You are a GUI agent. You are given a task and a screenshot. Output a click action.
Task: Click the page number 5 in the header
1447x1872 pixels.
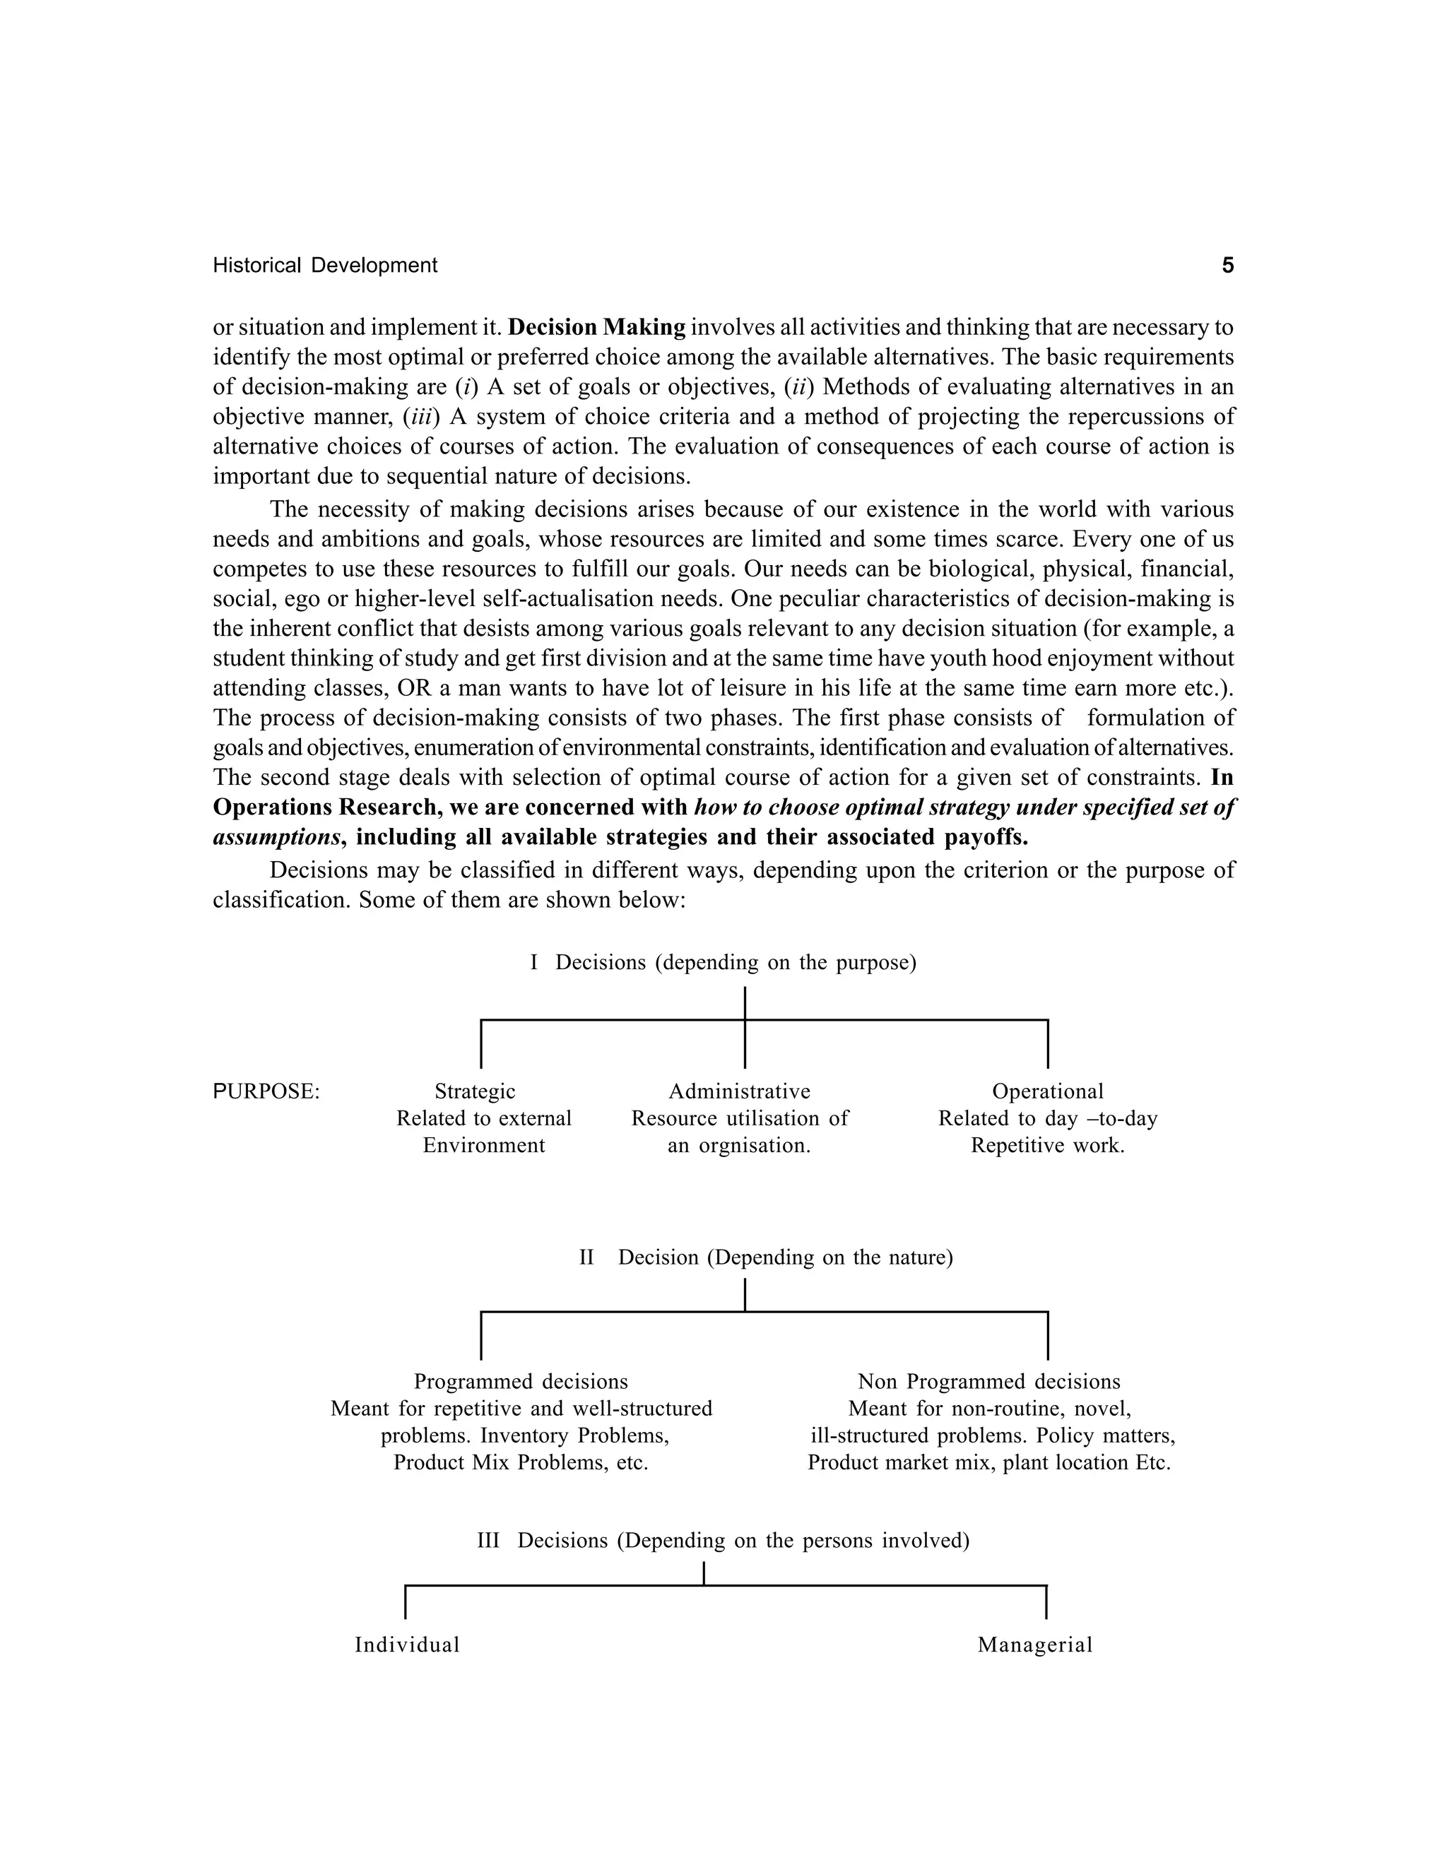(x=1227, y=266)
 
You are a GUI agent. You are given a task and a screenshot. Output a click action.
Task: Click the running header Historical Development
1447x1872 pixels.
(x=325, y=266)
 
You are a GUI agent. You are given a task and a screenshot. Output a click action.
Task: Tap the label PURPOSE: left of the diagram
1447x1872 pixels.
(x=266, y=1092)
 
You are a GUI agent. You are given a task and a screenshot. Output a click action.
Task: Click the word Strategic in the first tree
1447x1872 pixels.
(x=475, y=1092)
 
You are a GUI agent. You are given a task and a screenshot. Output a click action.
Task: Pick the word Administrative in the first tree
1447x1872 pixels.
(x=739, y=1092)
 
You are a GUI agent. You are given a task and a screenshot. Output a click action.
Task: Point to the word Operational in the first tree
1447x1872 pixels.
(x=1048, y=1092)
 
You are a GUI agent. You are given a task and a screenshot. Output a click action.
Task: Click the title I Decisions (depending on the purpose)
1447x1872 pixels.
(x=723, y=963)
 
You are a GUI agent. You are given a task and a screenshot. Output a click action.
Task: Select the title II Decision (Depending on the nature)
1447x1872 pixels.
(x=765, y=1257)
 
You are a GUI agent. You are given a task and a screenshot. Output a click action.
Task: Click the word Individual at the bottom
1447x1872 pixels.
(x=407, y=1645)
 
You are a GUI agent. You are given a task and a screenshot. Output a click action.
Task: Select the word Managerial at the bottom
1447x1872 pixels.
(x=1034, y=1645)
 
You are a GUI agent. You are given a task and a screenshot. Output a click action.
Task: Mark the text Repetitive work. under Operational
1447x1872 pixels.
(x=1048, y=1146)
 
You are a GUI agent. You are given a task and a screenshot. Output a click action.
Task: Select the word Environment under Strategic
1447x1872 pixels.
(x=483, y=1146)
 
